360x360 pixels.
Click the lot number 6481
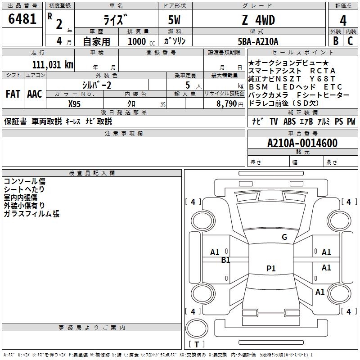click(22, 19)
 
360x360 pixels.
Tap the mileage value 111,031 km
click(53, 65)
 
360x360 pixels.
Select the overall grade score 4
click(343, 21)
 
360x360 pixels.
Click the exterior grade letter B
click(336, 41)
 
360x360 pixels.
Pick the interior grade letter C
click(350, 41)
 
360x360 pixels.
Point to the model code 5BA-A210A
click(258, 41)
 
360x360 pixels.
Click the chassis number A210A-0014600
click(302, 143)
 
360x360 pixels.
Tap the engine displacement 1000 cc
click(141, 41)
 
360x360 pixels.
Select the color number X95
click(74, 104)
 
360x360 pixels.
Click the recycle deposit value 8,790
click(226, 104)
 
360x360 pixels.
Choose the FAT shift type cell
click(13, 94)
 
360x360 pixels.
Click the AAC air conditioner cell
click(35, 94)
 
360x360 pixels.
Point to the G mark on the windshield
click(284, 237)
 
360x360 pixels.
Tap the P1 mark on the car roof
click(271, 268)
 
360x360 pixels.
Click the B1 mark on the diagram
click(225, 260)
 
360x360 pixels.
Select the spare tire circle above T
click(197, 328)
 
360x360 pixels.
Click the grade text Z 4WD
click(258, 20)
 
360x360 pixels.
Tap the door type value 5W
click(174, 20)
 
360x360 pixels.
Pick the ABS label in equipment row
click(289, 121)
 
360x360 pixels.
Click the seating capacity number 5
click(188, 85)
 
